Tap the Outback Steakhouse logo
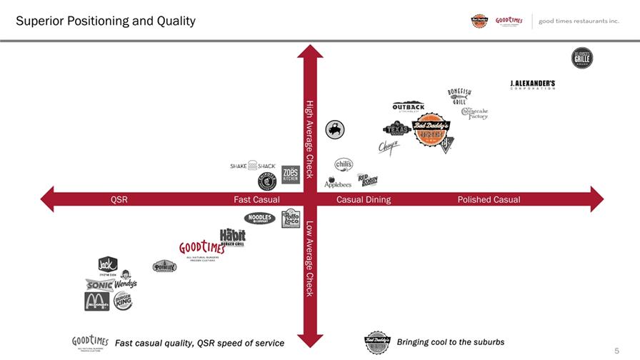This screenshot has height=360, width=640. (409, 107)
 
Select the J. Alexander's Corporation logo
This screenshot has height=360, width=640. (532, 84)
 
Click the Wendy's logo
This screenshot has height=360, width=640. (124, 280)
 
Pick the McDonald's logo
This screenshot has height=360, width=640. (97, 301)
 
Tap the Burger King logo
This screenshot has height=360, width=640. (123, 301)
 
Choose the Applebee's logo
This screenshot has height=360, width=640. (338, 183)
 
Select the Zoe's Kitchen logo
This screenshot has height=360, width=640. (290, 175)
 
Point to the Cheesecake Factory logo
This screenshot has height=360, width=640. (474, 113)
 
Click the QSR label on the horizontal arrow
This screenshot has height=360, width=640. (119, 199)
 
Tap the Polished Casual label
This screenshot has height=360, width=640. (489, 199)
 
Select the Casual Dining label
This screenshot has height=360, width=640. (364, 199)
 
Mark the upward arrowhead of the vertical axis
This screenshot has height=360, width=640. (310, 51)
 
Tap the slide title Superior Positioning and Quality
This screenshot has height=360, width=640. (106, 21)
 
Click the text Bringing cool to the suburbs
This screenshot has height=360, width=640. (450, 342)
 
